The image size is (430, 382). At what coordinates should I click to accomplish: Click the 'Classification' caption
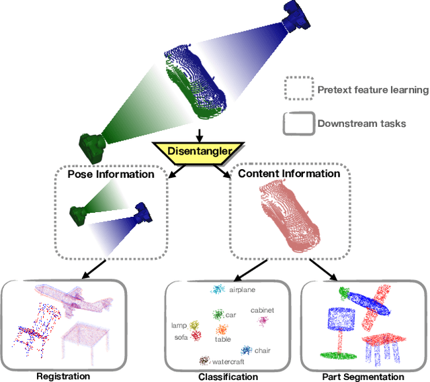tap(228, 377)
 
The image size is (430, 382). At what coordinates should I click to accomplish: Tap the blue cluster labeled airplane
tap(218, 290)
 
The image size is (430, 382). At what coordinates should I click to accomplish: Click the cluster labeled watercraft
tap(204, 361)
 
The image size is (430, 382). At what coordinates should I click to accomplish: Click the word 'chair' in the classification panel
tap(263, 350)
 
